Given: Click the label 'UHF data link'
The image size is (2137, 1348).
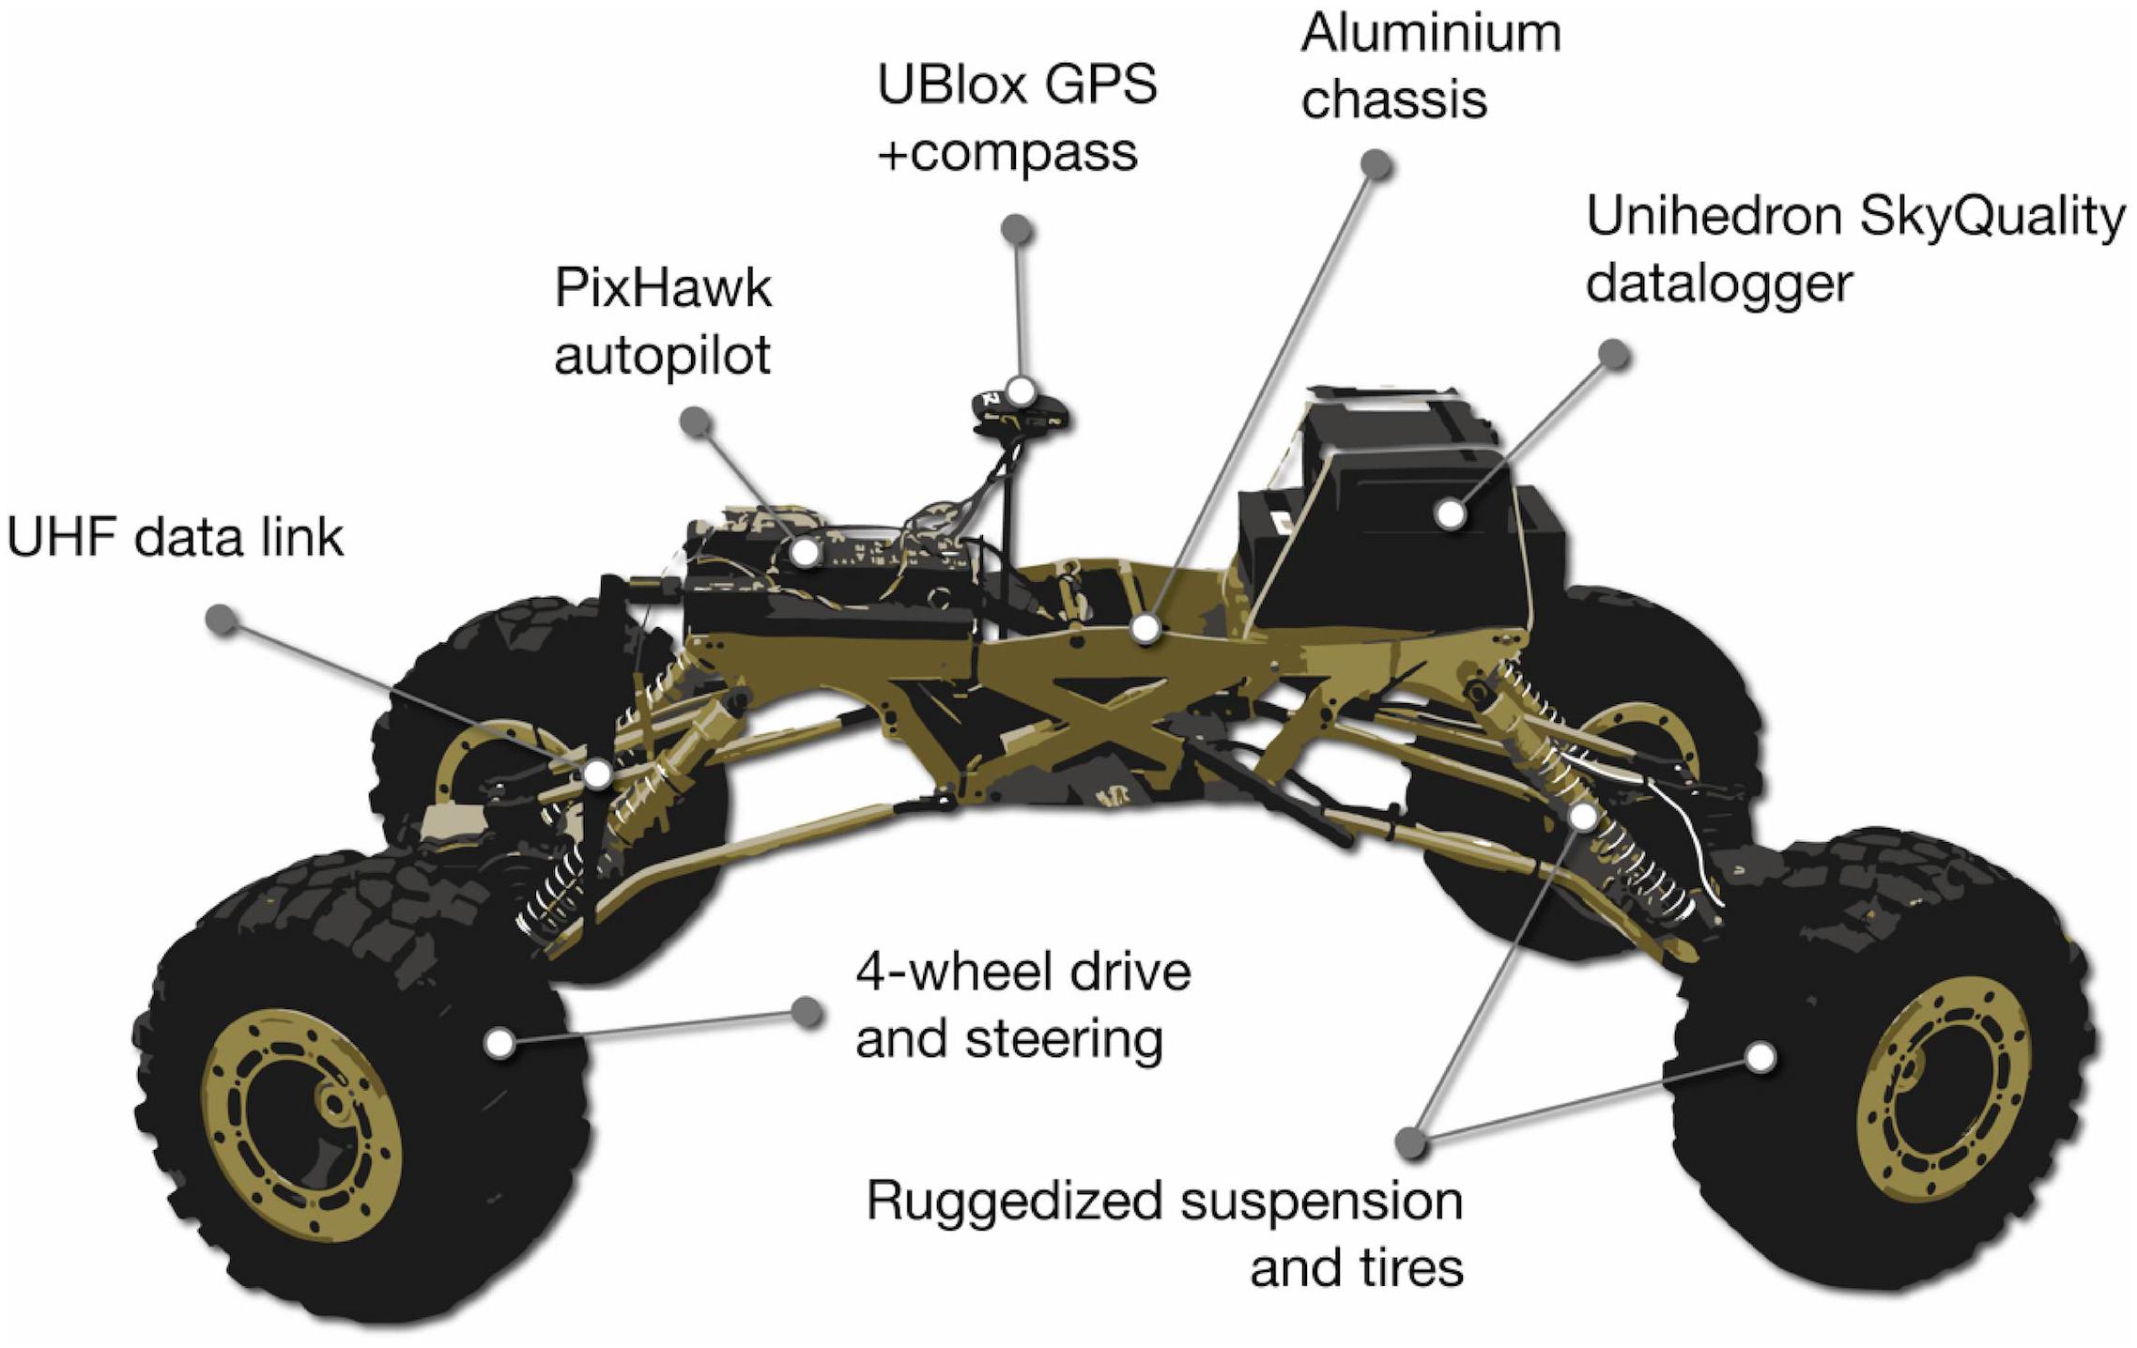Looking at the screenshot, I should pyautogui.click(x=176, y=539).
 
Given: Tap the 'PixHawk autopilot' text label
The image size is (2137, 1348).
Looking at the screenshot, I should pyautogui.click(x=663, y=321).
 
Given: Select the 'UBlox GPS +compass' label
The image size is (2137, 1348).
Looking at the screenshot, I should pyautogui.click(x=1016, y=117).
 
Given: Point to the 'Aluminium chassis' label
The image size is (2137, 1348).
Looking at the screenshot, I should pyautogui.click(x=1429, y=66).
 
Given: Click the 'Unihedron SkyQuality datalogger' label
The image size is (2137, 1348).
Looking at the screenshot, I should pyautogui.click(x=1854, y=249).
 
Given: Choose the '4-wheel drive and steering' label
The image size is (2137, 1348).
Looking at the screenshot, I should pyautogui.click(x=1022, y=1004).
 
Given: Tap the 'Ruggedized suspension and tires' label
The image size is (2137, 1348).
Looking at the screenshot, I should pyautogui.click(x=1164, y=1233).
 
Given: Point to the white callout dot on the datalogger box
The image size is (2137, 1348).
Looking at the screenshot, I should pyautogui.click(x=1451, y=513).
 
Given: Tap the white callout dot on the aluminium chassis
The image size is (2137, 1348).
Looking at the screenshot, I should pyautogui.click(x=1145, y=628).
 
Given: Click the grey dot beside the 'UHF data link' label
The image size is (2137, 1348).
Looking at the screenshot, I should pyautogui.click(x=223, y=619).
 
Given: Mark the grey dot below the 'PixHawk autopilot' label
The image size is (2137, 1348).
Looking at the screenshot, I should pyautogui.click(x=695, y=421).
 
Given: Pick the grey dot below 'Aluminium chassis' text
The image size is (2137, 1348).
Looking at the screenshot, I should pyautogui.click(x=1376, y=164).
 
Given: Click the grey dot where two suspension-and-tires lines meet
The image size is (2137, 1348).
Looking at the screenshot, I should pyautogui.click(x=1410, y=1141).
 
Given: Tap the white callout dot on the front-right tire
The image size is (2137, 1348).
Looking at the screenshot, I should pyautogui.click(x=1761, y=1056).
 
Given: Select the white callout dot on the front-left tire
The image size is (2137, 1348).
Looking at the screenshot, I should pyautogui.click(x=500, y=1042).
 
